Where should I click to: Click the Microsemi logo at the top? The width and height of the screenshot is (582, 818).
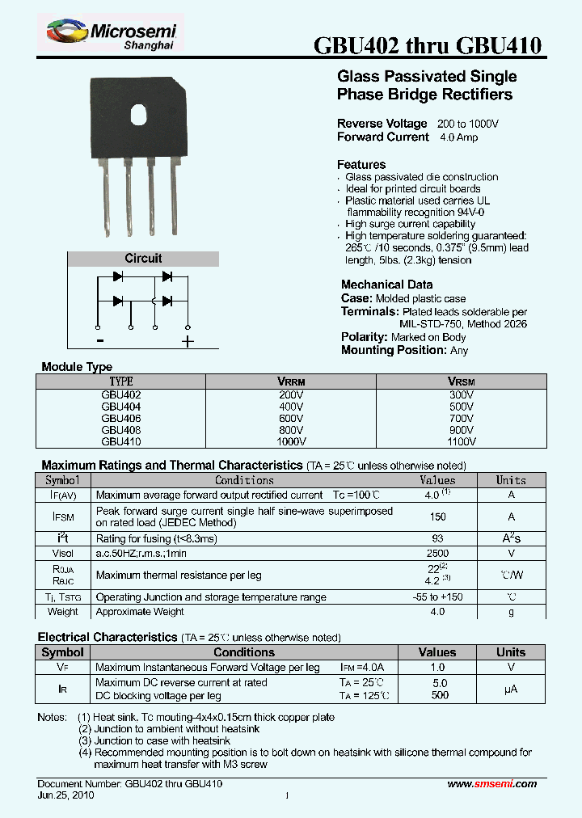(x=112, y=35)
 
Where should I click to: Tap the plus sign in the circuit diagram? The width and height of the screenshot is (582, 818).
(x=188, y=341)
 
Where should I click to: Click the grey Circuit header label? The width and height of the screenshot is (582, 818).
(x=143, y=259)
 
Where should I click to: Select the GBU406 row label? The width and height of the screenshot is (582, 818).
(x=121, y=419)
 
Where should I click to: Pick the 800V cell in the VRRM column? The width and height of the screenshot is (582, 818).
(x=291, y=430)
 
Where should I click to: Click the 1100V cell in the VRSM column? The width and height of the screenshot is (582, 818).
(x=462, y=442)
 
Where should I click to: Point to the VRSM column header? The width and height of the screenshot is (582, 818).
(x=462, y=381)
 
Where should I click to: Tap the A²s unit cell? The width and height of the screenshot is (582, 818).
(x=511, y=538)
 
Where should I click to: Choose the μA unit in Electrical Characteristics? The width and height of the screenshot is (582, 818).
(x=511, y=689)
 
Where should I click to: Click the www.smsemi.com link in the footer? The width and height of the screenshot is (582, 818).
(x=491, y=784)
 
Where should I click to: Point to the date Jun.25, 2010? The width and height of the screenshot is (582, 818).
(x=65, y=795)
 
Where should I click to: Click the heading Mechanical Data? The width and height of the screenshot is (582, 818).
(x=386, y=285)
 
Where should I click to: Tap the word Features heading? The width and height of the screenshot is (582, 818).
(x=361, y=164)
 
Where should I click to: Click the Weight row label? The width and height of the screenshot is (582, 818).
(x=63, y=612)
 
